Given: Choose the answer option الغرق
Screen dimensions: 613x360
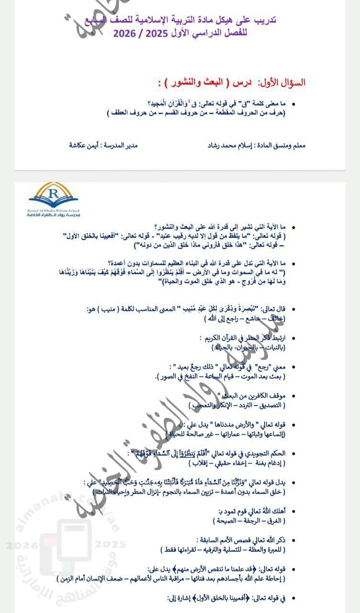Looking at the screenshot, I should pos(274,520).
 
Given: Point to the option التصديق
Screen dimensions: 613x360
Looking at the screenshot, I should pos(269,405).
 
